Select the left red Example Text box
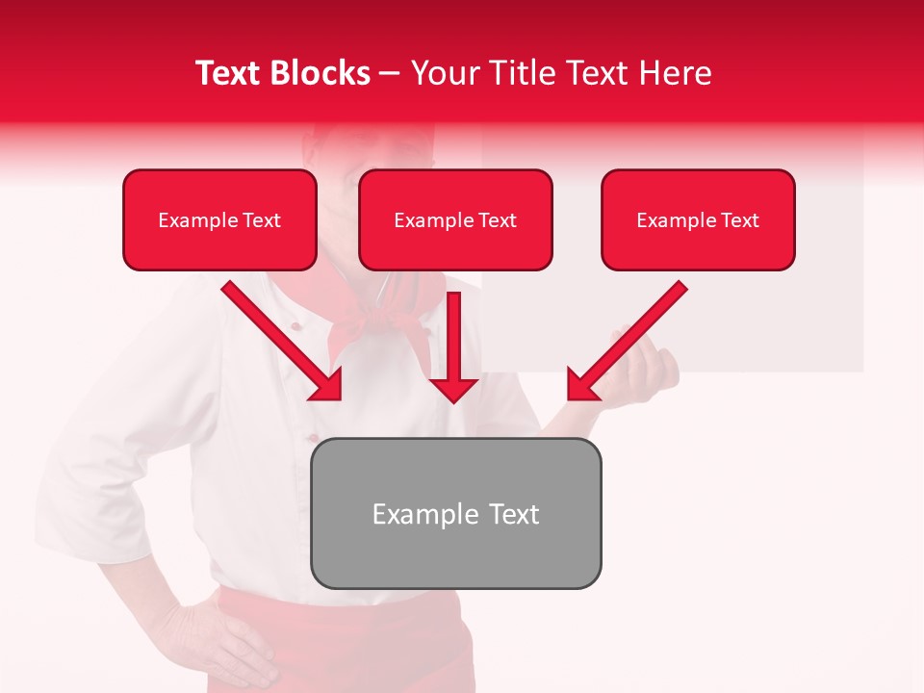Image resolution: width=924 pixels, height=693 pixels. pyautogui.click(x=219, y=220)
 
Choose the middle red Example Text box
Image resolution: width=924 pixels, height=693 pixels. pyautogui.click(x=455, y=220)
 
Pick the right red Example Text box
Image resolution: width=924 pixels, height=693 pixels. pyautogui.click(x=698, y=220)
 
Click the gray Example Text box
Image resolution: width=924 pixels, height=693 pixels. pyautogui.click(x=455, y=513)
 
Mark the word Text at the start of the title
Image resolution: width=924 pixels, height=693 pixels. pyautogui.click(x=229, y=73)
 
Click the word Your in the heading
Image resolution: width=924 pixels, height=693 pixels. pyautogui.click(x=443, y=73)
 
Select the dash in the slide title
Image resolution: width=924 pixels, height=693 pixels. pyautogui.click(x=390, y=74)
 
